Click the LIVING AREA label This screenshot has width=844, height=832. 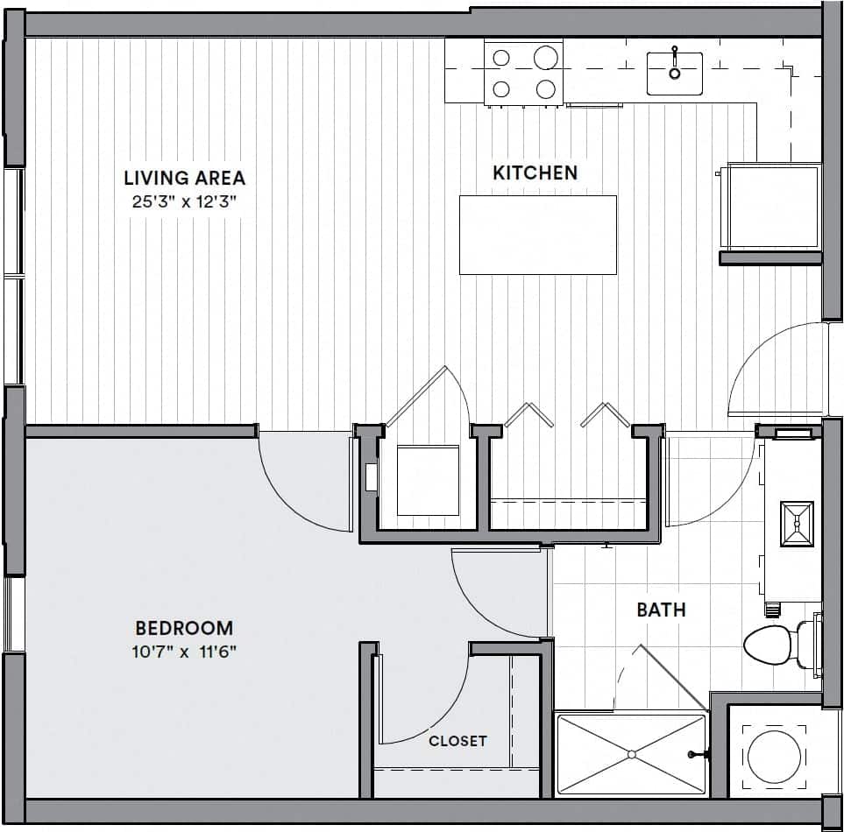pyautogui.click(x=184, y=178)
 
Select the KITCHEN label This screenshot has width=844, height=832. pyautogui.click(x=535, y=173)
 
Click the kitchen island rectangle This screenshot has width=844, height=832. pyautogui.click(x=537, y=235)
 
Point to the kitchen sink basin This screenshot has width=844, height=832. pyautogui.click(x=674, y=73)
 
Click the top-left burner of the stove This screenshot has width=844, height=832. pyautogui.click(x=501, y=59)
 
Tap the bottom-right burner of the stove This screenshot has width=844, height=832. pyautogui.click(x=546, y=88)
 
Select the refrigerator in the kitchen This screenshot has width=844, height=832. pyautogui.click(x=770, y=206)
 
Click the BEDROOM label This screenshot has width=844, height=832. pyautogui.click(x=184, y=628)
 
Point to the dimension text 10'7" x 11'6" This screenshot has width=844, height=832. pyautogui.click(x=184, y=652)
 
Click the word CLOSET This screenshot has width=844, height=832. pyautogui.click(x=457, y=741)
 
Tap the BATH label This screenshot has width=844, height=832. pyautogui.click(x=661, y=610)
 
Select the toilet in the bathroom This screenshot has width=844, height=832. pyautogui.click(x=776, y=645)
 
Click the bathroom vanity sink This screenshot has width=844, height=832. pyautogui.click(x=797, y=523)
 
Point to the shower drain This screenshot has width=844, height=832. pyautogui.click(x=631, y=754)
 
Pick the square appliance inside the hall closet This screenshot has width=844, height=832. pyautogui.click(x=428, y=480)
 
